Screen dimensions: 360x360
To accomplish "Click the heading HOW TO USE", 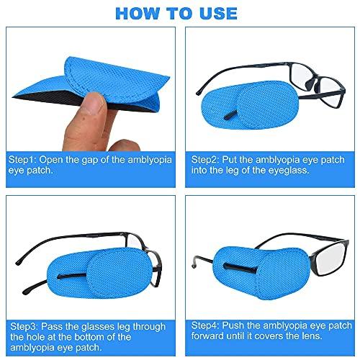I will pyautogui.click(x=179, y=13).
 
